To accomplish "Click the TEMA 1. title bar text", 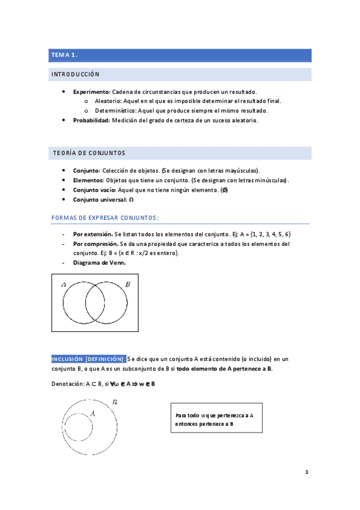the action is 65,55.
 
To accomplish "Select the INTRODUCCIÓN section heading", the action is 76,75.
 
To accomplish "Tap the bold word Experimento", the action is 91,91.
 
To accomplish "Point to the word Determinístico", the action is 115,111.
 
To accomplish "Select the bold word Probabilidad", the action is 91,120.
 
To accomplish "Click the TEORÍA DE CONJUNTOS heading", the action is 88,153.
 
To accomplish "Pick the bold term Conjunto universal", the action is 100,199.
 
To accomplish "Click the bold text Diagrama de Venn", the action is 100,263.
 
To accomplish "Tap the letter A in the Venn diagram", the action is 64,284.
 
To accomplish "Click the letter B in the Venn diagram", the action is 127,284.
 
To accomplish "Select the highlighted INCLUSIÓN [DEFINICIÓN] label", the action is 88,358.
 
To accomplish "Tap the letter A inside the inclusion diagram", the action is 93,413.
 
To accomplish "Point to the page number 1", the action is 307,472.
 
